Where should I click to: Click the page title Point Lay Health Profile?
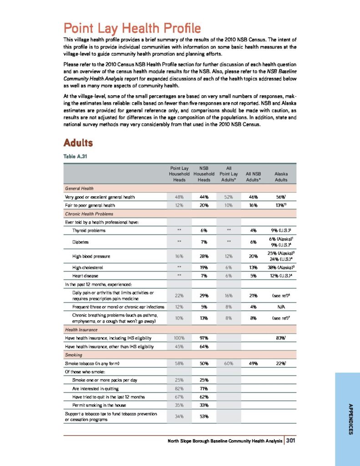(132, 28)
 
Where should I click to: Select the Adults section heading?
(78, 143)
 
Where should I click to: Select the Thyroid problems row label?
(89, 231)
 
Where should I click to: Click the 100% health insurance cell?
(180, 338)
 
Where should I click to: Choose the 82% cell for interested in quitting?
(180, 388)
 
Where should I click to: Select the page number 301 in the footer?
(292, 440)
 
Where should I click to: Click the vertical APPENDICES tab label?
(350, 419)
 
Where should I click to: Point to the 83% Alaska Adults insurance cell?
(281, 338)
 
